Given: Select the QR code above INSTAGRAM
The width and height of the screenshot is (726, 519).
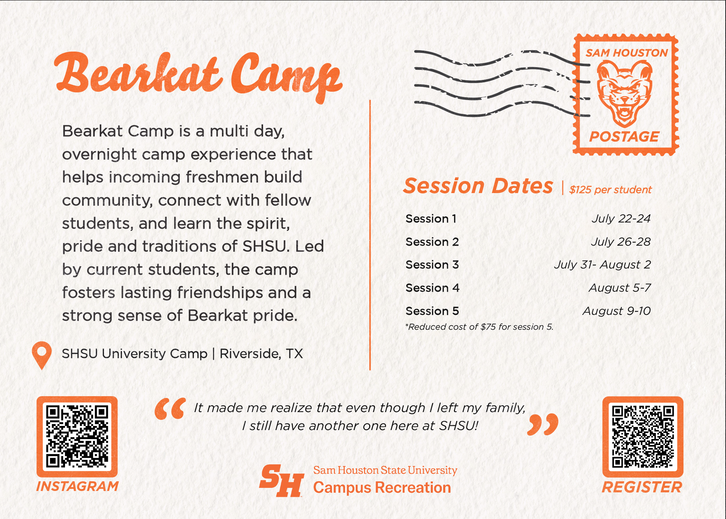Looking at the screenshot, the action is tap(77, 437).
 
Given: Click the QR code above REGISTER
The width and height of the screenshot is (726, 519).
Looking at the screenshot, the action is tap(643, 437).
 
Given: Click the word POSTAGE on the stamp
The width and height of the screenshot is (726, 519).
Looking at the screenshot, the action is tap(624, 137).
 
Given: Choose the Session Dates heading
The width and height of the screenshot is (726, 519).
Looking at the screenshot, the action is tap(478, 186).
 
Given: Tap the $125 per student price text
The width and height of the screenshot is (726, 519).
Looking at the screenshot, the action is tap(611, 190).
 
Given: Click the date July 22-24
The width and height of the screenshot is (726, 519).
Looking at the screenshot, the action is tap(621, 219).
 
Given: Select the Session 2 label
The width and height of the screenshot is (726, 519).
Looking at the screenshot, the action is tap(432, 242).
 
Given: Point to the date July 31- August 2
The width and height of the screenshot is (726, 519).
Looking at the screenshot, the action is tap(603, 265).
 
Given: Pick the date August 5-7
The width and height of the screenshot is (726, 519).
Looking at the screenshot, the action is tap(620, 288).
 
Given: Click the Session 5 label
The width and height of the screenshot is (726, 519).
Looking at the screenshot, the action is tap(432, 311).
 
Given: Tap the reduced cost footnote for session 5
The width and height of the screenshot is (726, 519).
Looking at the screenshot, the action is tap(479, 327).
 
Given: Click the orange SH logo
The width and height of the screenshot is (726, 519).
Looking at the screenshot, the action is tap(282, 481).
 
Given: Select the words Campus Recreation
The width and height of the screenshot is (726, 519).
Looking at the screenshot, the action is tap(382, 488).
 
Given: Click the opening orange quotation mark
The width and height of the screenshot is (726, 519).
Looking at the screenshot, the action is tap(170, 409).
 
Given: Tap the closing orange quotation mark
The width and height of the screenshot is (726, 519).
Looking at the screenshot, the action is tap(543, 424).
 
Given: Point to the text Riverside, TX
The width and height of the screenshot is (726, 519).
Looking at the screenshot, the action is tap(261, 354).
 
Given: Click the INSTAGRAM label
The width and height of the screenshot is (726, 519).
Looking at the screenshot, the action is tap(77, 486).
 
